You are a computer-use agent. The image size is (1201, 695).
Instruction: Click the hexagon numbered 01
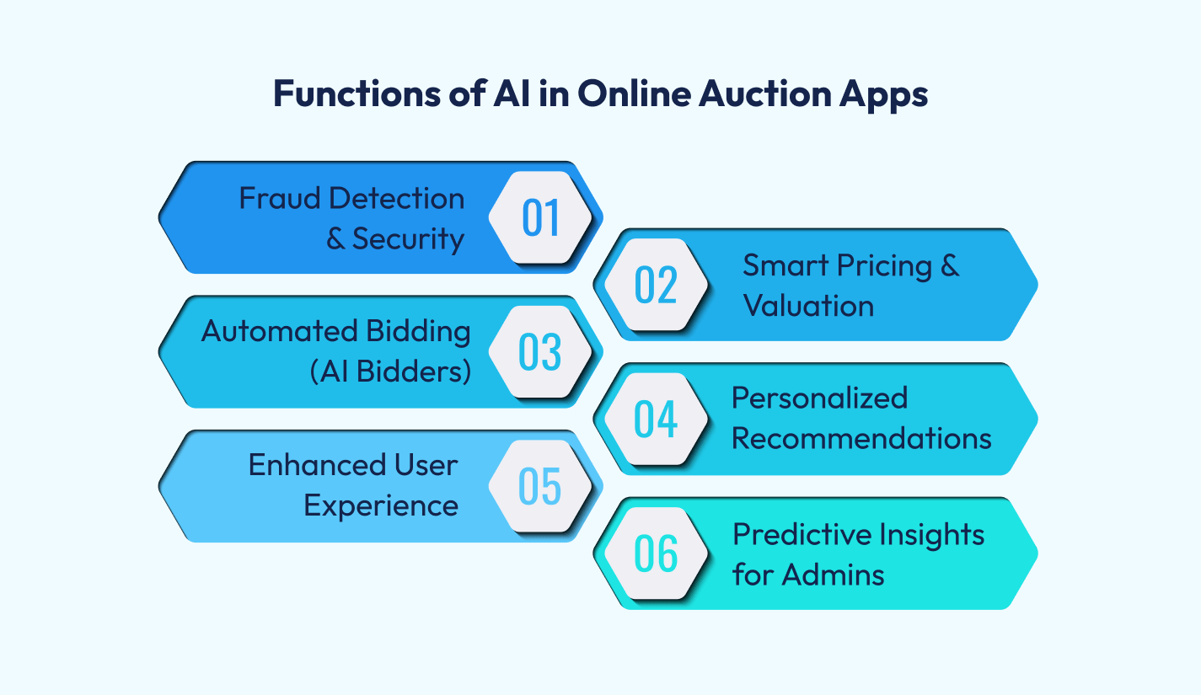(x=540, y=217)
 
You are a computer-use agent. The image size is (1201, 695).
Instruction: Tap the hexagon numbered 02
(x=657, y=284)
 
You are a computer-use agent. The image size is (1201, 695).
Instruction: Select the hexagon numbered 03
(x=540, y=351)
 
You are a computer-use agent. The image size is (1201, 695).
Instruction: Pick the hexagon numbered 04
(x=657, y=419)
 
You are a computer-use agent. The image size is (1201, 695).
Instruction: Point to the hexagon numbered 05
(x=540, y=486)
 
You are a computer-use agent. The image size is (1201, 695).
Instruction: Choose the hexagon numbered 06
(x=657, y=553)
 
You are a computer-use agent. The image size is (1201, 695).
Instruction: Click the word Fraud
(x=278, y=199)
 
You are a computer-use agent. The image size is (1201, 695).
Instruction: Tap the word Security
(x=408, y=239)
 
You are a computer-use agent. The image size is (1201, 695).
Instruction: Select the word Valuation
(x=807, y=306)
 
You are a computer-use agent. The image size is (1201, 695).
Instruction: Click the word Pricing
(x=884, y=266)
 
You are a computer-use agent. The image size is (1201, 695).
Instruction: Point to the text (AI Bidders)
(x=389, y=372)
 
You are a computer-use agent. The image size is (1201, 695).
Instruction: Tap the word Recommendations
(x=861, y=439)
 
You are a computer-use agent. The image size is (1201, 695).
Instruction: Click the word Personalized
(x=819, y=398)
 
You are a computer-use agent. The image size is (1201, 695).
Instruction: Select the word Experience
(x=381, y=506)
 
